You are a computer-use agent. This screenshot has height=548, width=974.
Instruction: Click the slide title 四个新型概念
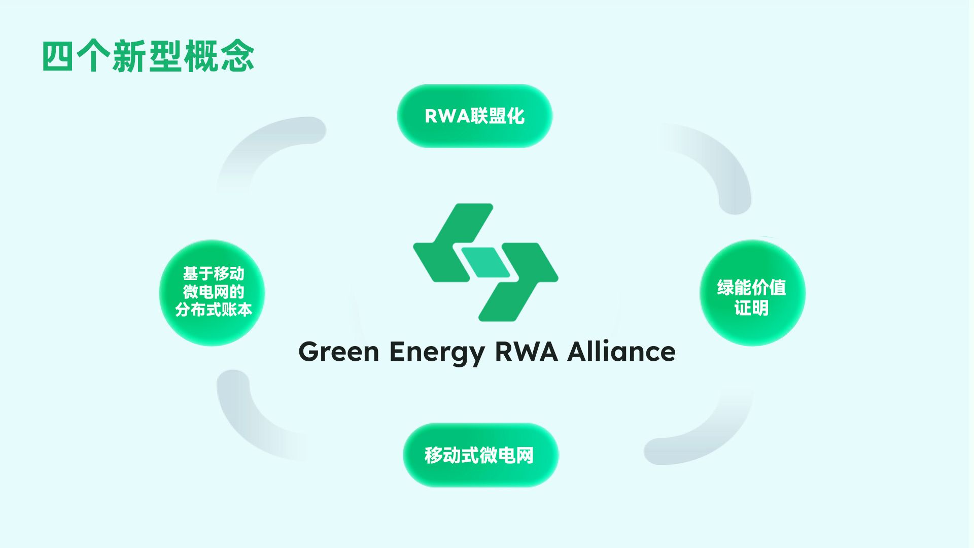pos(148,56)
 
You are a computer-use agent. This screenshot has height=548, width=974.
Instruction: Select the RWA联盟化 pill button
pos(474,116)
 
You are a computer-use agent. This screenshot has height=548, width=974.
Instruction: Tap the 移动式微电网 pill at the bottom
pos(480,455)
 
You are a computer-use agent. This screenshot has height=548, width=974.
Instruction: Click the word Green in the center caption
pos(338,352)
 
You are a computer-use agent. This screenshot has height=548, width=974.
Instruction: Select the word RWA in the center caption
pos(526,352)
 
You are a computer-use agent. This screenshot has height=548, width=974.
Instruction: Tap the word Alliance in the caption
pos(621,352)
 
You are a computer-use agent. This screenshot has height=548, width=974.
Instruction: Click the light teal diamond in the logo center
pos(485,263)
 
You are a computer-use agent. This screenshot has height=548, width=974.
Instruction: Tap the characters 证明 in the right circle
pos(751,308)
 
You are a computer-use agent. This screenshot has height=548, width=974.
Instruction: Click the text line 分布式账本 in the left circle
pos(214,310)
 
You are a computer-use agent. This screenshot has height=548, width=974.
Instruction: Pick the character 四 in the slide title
pos(57,56)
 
